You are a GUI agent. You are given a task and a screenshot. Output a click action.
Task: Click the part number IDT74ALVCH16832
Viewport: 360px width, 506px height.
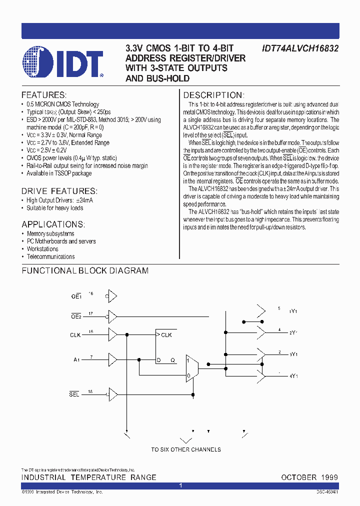pos(300,49)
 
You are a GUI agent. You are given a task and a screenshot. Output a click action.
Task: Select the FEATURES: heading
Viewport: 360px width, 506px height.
pos(44,95)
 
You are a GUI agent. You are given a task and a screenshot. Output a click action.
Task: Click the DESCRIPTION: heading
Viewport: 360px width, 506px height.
pos(213,95)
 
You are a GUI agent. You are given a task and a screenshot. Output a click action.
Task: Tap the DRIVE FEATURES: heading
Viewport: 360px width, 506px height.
pos(59,191)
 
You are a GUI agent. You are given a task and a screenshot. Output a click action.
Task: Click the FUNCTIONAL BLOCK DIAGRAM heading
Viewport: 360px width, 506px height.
pos(84,271)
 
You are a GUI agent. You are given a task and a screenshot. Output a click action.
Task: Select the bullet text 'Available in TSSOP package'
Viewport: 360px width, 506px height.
pos(59,173)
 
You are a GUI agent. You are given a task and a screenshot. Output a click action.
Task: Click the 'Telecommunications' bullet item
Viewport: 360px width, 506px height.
pos(50,257)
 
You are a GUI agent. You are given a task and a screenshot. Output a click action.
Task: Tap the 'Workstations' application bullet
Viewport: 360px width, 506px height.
pos(42,249)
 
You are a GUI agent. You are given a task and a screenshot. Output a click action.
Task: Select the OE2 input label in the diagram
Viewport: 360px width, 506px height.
pos(75,316)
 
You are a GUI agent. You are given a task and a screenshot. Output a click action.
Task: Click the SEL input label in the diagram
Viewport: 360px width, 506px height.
pos(74,395)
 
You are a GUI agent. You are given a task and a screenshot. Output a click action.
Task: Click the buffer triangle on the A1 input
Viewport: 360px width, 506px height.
pos(112,359)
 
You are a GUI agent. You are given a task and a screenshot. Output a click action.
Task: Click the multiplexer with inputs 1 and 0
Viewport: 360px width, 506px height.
pos(191,368)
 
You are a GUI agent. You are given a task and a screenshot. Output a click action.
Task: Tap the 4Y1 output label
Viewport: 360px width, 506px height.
pos(293,375)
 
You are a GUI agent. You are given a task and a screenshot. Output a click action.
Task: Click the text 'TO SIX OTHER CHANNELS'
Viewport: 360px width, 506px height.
pos(185,449)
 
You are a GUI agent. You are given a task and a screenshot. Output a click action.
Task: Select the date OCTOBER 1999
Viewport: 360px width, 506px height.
pos(309,477)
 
